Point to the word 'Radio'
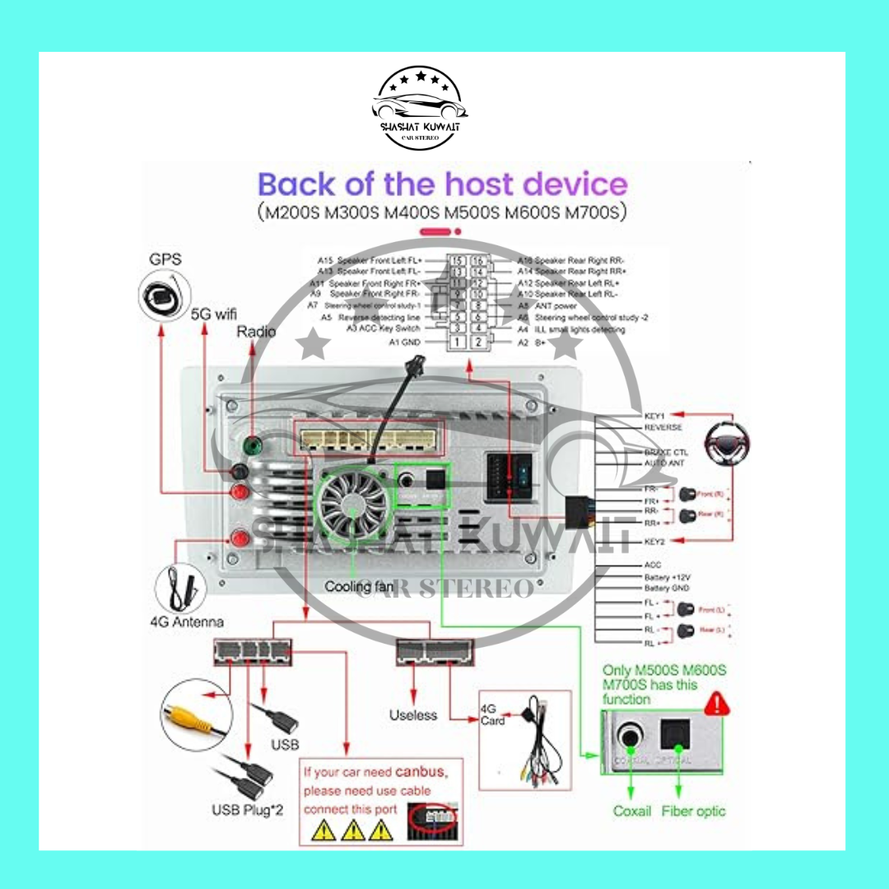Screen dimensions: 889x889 (x=256, y=331)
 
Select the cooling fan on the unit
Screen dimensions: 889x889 (x=353, y=501)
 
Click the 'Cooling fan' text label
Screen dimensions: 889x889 (x=359, y=587)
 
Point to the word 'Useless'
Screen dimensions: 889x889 (x=413, y=714)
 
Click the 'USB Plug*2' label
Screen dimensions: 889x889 (x=247, y=810)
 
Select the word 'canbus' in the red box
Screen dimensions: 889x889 (x=421, y=773)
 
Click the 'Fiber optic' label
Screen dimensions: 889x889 (x=693, y=811)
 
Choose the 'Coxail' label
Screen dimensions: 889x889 (x=632, y=811)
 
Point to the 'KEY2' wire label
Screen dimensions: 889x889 (x=655, y=541)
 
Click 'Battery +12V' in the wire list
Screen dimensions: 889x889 (x=667, y=577)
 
